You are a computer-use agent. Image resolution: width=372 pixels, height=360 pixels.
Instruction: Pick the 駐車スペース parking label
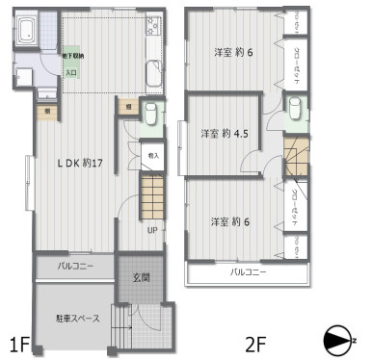[x=73, y=319]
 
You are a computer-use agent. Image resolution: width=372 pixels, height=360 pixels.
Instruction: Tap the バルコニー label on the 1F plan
[x=75, y=265]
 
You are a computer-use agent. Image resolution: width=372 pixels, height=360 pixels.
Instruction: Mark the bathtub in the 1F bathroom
[x=27, y=33]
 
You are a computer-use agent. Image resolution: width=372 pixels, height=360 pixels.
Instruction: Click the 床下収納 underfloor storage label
[x=73, y=57]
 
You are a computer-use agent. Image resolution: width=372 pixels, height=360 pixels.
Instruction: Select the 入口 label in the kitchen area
[x=71, y=71]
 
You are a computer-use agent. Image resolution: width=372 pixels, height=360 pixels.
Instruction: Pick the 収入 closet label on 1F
[x=152, y=153]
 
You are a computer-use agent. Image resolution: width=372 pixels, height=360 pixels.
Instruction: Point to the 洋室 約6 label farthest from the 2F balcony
[x=232, y=52]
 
